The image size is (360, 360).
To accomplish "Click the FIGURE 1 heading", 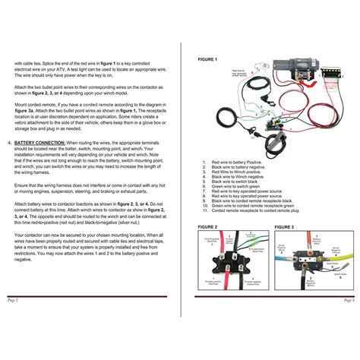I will click(x=207, y=58).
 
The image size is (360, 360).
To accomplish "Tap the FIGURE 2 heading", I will click(x=207, y=226).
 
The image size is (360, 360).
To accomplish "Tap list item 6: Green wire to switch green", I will click(x=243, y=187).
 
